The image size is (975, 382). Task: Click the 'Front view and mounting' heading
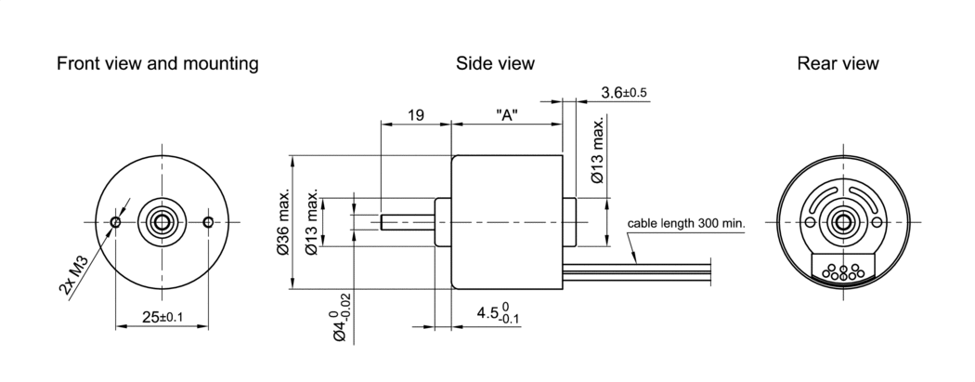tap(157, 64)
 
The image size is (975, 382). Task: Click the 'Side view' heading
tap(495, 64)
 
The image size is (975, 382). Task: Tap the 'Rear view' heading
tap(837, 64)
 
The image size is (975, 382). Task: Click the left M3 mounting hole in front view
tap(115, 221)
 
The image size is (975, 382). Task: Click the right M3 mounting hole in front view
tap(208, 221)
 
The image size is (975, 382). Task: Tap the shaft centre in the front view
tap(162, 221)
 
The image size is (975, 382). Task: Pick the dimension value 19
tap(415, 115)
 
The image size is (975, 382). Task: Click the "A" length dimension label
tap(506, 115)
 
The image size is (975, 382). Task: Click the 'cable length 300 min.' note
tap(686, 224)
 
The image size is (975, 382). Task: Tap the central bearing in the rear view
tap(843, 221)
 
